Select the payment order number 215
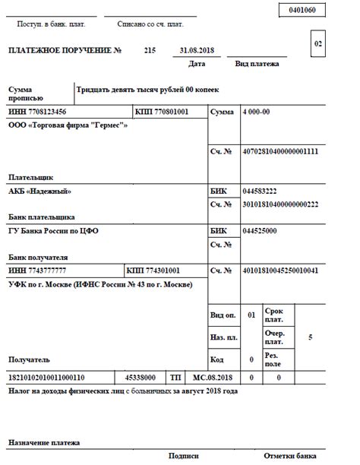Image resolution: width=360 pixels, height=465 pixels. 150,50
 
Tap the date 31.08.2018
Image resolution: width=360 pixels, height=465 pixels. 197,50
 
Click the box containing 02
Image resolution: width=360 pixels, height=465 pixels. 318,44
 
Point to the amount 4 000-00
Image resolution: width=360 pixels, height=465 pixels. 256,112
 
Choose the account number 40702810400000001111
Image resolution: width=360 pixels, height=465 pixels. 280,152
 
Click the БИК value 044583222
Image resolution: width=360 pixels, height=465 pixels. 259,191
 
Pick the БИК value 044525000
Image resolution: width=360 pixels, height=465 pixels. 259,230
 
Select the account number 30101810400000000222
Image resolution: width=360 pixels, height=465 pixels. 280,204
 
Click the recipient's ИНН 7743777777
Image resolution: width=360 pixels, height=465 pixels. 37,270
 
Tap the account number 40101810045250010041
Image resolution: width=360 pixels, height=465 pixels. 280,270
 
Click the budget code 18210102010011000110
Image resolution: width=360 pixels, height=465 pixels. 46,377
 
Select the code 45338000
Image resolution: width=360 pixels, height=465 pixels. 141,377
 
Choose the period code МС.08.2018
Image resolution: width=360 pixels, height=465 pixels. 212,377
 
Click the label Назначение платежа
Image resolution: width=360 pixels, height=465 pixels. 44,441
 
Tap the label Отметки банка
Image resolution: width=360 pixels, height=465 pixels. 289,456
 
